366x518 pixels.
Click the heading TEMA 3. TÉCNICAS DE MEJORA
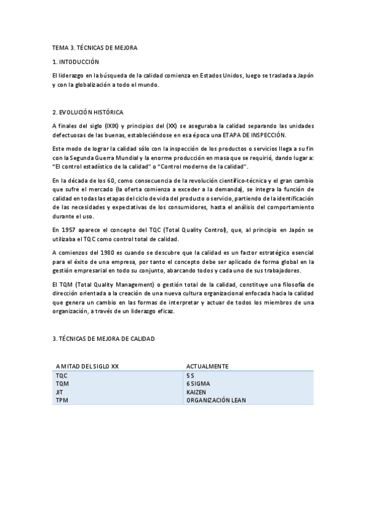pyautogui.click(x=95, y=48)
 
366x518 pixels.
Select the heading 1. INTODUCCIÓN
pyautogui.click(x=76, y=62)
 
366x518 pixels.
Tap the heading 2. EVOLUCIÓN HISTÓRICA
pyautogui.click(x=88, y=112)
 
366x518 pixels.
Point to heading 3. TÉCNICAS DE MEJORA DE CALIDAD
pyautogui.click(x=104, y=338)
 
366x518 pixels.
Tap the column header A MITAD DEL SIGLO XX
pyautogui.click(x=87, y=366)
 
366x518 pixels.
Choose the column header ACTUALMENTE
pyautogui.click(x=207, y=366)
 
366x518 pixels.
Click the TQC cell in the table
pyautogui.click(x=62, y=376)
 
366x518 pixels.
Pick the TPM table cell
pyautogui.click(x=61, y=399)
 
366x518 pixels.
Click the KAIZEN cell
pyautogui.click(x=197, y=392)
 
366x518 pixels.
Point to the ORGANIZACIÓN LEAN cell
pyautogui.click(x=216, y=399)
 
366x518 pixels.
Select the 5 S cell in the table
pyautogui.click(x=191, y=376)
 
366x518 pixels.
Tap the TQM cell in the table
pyautogui.click(x=62, y=384)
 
